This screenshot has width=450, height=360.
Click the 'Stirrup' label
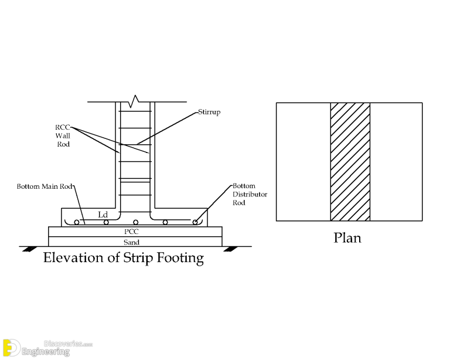pos(209,111)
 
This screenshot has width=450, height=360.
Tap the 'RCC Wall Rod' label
pos(63,135)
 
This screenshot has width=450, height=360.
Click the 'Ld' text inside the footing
pos(103,215)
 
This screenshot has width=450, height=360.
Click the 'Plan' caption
pos(347,238)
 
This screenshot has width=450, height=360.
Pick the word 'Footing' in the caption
pos(182,257)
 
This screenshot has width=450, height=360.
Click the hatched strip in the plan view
pos(350,162)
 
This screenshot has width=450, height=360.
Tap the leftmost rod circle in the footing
pos(77,222)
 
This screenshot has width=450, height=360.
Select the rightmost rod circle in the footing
pos(195,222)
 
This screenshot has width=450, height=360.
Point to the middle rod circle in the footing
pos(136,222)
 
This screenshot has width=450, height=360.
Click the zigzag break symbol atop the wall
pos(136,100)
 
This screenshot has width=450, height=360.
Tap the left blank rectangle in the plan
pos(304,162)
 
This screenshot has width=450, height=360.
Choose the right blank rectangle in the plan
pos(396,162)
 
